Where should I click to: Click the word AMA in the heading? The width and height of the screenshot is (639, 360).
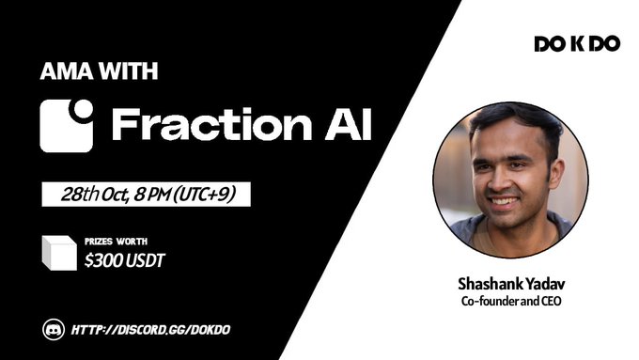(x=58, y=71)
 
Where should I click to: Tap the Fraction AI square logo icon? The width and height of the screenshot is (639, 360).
(x=66, y=126)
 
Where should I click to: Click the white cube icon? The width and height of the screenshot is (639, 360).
(x=58, y=252)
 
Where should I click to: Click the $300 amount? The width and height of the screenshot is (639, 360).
(x=101, y=259)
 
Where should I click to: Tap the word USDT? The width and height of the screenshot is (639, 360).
(x=145, y=259)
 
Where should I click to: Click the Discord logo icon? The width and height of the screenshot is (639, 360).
(x=55, y=329)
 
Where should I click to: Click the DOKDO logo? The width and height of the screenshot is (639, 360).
(x=576, y=44)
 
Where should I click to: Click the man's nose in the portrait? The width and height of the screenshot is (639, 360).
(x=504, y=180)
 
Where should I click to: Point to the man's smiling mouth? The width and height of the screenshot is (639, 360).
(x=504, y=200)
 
